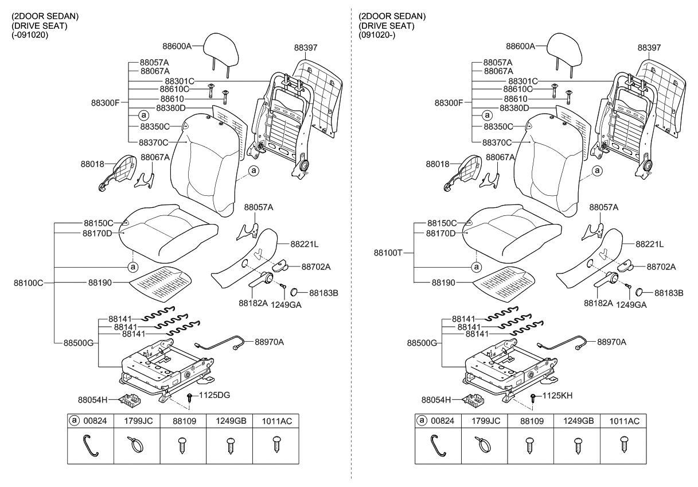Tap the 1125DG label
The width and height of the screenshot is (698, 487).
tap(215, 395)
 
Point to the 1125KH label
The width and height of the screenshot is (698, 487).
tap(558, 395)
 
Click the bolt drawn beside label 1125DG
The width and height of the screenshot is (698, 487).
tap(189, 398)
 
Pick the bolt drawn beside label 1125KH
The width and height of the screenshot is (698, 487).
tap(533, 398)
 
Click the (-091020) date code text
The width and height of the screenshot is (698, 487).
tap(30, 35)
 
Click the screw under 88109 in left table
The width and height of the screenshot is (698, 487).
tap(184, 445)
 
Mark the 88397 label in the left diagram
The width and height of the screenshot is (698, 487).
tap(306, 48)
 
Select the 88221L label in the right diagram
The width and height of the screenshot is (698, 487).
tap(649, 244)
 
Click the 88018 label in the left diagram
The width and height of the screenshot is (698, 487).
tap(92, 164)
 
